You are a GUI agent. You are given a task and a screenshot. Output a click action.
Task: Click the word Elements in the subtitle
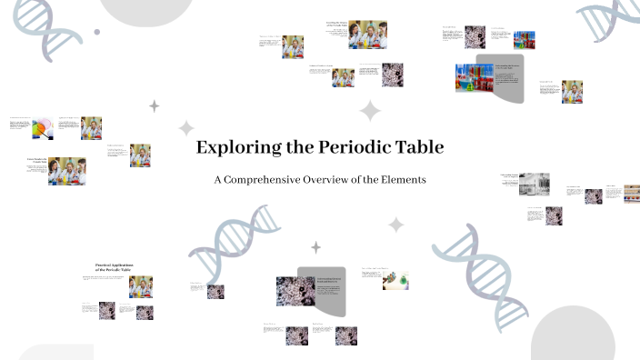click(404, 180)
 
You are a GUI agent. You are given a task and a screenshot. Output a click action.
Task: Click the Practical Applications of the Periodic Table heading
click(114, 267)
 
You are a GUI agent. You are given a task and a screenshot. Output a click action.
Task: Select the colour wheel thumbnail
click(43, 129)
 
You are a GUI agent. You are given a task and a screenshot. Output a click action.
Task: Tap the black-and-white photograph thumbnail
click(534, 185)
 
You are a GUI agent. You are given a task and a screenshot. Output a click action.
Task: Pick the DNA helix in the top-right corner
click(610, 19)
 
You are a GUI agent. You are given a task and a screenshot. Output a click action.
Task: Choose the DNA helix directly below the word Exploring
click(235, 241)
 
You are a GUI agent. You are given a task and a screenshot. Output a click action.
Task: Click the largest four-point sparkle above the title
click(369, 112)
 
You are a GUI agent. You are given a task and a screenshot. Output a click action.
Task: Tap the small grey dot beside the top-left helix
click(97, 32)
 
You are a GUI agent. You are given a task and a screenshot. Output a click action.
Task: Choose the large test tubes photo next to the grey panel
click(473, 77)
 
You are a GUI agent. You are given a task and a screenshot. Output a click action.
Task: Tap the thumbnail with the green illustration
click(395, 280)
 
